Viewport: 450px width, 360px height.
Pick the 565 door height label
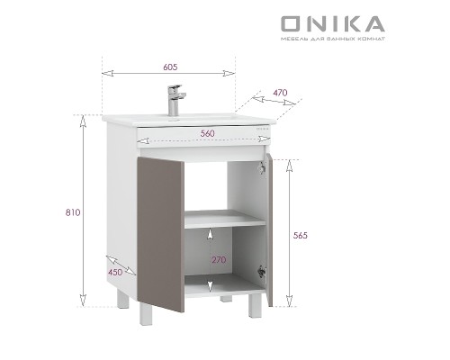click(301, 235)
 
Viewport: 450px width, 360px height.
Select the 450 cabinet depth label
click(115, 272)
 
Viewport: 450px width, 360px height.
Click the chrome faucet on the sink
click(175, 97)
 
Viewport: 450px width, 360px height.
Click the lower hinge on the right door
click(262, 271)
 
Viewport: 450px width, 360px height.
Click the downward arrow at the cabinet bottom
click(210, 286)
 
